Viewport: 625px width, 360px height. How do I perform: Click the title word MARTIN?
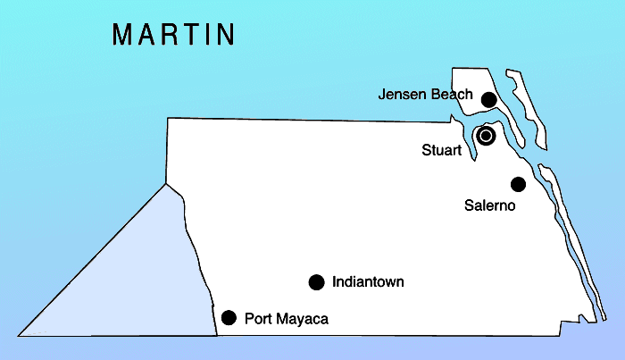174,34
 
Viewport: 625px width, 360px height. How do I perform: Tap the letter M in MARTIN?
123,34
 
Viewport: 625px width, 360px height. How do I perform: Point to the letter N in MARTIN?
225,34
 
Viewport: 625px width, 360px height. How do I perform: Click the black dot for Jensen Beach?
488,99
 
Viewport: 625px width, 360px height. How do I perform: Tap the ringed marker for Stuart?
486,136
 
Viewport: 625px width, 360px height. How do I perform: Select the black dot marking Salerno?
518,184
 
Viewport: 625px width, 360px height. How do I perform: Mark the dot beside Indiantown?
316,282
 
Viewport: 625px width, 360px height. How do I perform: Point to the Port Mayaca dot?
229,317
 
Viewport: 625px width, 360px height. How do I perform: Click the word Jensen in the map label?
399,94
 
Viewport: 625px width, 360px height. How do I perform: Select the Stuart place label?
441,150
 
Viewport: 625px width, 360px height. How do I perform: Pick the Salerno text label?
490,205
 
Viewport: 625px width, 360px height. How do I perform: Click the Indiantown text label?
368,282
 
